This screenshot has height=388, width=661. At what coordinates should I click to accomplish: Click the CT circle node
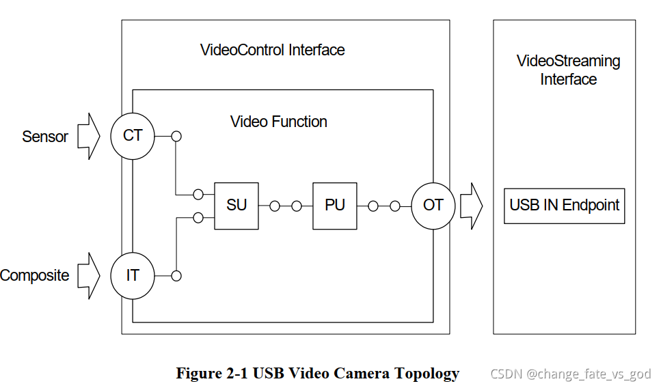[x=133, y=136]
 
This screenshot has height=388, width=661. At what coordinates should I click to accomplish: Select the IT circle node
[x=133, y=276]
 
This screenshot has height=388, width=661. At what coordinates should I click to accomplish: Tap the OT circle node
[x=433, y=205]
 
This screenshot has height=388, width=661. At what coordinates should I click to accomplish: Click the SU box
[x=237, y=206]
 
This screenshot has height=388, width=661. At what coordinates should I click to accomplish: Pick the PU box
[x=335, y=206]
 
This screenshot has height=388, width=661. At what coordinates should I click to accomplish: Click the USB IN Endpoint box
[x=565, y=206]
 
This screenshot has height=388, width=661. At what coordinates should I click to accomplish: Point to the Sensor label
[x=45, y=137]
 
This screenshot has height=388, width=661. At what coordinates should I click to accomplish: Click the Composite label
[x=35, y=276]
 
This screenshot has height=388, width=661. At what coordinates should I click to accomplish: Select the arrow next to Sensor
[x=88, y=137]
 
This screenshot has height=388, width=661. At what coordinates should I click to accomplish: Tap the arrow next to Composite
[x=88, y=276]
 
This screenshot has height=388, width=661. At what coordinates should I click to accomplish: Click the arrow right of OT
[x=472, y=205]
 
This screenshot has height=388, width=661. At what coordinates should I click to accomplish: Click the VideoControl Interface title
[x=272, y=50]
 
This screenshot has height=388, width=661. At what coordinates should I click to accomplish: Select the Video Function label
[x=279, y=122]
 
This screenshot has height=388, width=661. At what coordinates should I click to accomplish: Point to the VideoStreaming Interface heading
[x=568, y=70]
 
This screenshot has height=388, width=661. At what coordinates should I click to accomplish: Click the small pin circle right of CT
[x=176, y=136]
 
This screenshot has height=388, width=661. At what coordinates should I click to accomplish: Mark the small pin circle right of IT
[x=176, y=276]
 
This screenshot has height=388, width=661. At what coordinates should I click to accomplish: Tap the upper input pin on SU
[x=198, y=195]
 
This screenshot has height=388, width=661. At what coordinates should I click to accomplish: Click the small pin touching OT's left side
[x=394, y=206]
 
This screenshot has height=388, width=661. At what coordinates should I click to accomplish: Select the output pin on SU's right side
[x=275, y=206]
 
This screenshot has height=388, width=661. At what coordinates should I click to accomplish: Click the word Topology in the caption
[x=424, y=374]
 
